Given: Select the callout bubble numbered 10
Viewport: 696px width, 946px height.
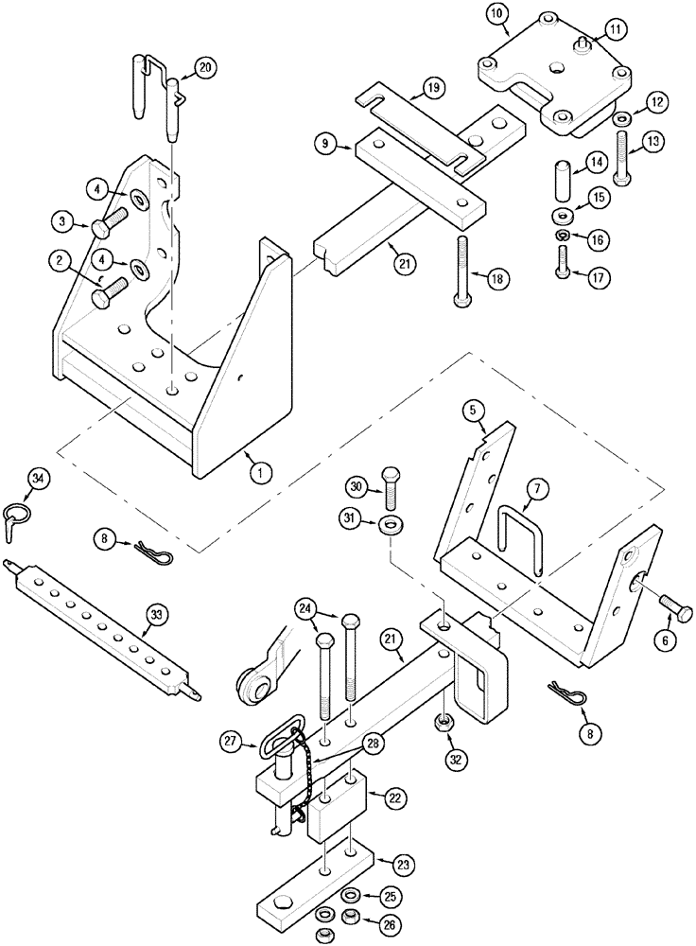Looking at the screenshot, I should click(497, 13).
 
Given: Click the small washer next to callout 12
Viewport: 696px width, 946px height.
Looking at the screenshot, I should click(623, 121).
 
